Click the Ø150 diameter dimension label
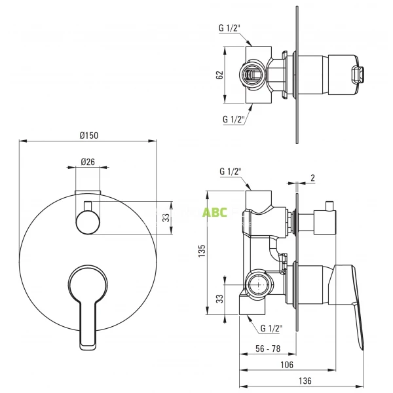[88, 135]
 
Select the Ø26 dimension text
[88, 162]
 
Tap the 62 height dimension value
[220, 75]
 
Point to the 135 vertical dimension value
[202, 250]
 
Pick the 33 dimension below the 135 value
[220, 299]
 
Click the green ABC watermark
[214, 212]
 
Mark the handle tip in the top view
[360, 74]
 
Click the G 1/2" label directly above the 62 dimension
[229, 28]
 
